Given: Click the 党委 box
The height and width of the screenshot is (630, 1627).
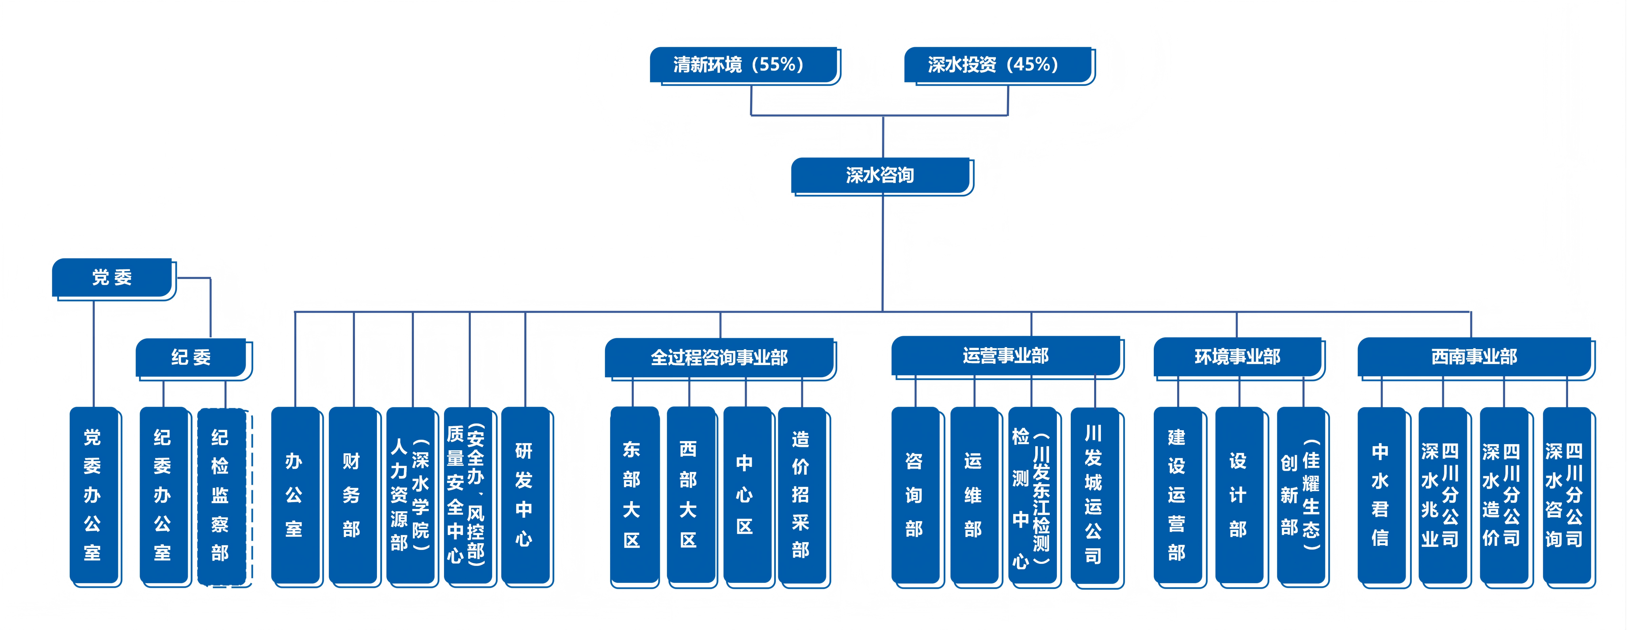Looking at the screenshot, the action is [114, 279].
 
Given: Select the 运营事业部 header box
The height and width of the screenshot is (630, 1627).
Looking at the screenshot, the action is [1007, 357].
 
